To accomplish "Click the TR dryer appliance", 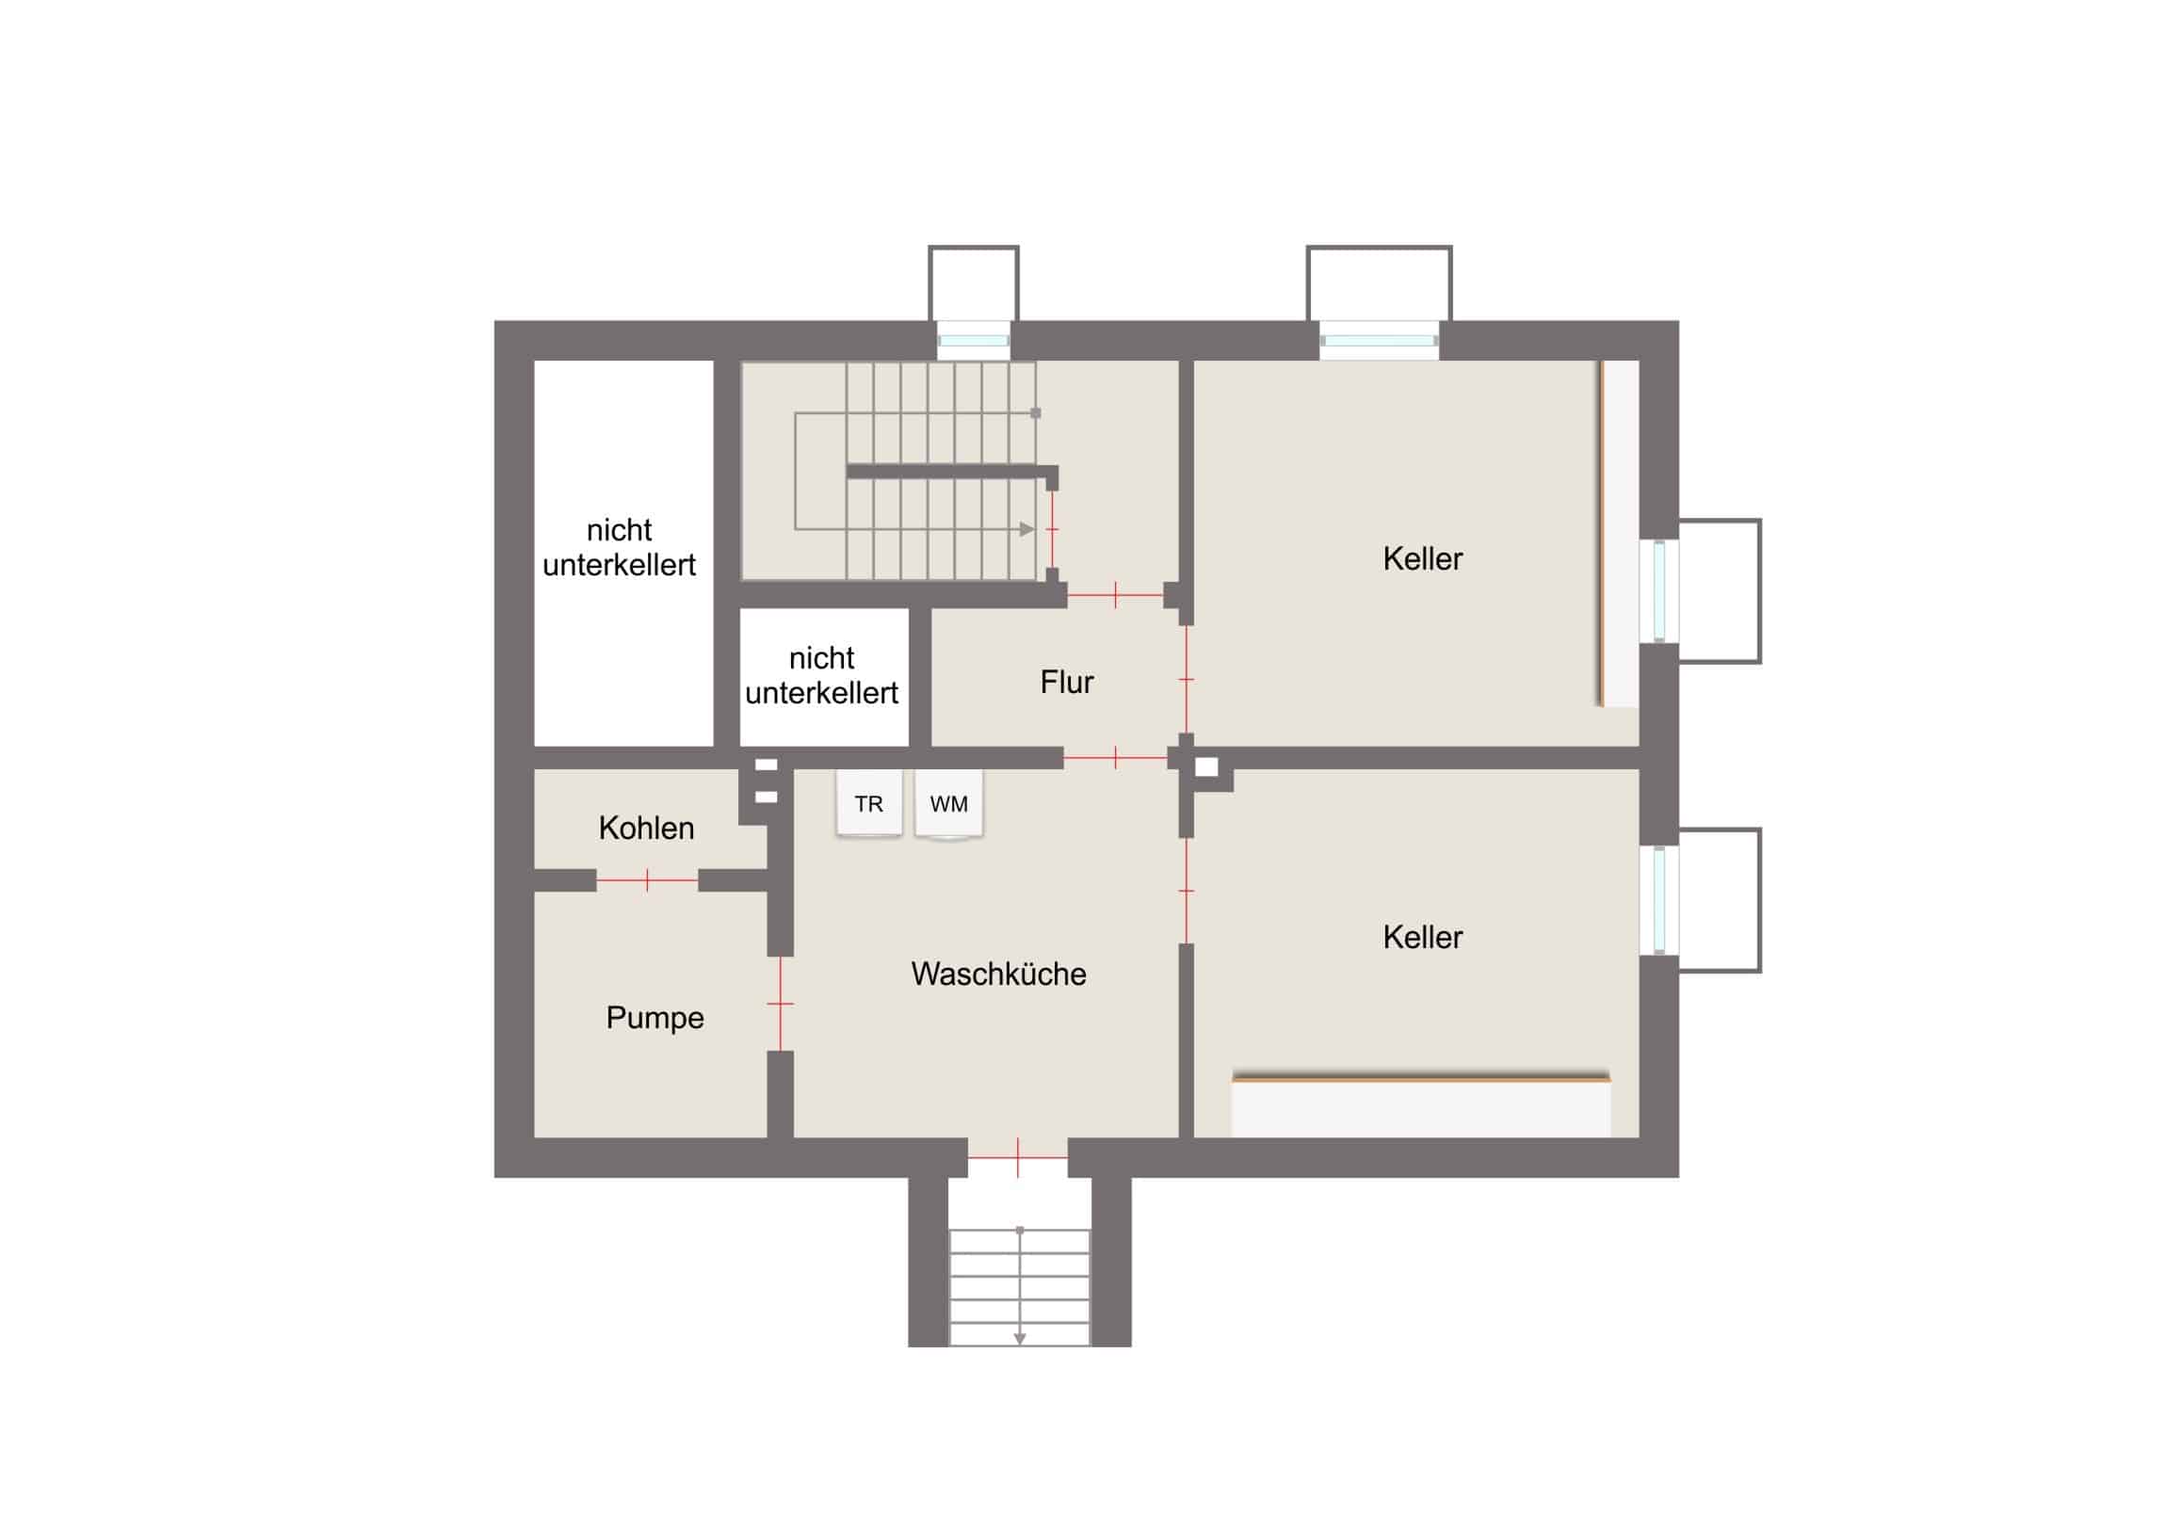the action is (x=868, y=803).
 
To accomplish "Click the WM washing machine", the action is (x=949, y=804).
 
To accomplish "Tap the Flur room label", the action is (x=1067, y=682).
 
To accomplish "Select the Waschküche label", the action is (x=999, y=974).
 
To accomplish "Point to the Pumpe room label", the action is (x=655, y=1018).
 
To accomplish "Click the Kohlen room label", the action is (x=646, y=829).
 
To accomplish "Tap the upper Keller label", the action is (x=1423, y=558).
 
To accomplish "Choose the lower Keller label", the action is (x=1423, y=937).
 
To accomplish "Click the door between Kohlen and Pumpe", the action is (x=647, y=880).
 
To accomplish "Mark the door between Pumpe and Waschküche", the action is (x=780, y=1004).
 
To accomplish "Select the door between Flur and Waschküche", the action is (x=1116, y=757).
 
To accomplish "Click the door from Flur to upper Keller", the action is (x=1186, y=679).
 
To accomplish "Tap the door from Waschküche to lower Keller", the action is (x=1186, y=891).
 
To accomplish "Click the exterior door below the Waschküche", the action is (x=1018, y=1156).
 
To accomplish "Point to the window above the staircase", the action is (x=973, y=341).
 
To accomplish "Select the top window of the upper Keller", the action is (x=1380, y=341).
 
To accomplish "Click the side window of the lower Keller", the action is (x=1659, y=900).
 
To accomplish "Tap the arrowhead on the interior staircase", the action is (x=1027, y=529).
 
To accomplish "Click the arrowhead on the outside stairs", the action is (x=1020, y=1339).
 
